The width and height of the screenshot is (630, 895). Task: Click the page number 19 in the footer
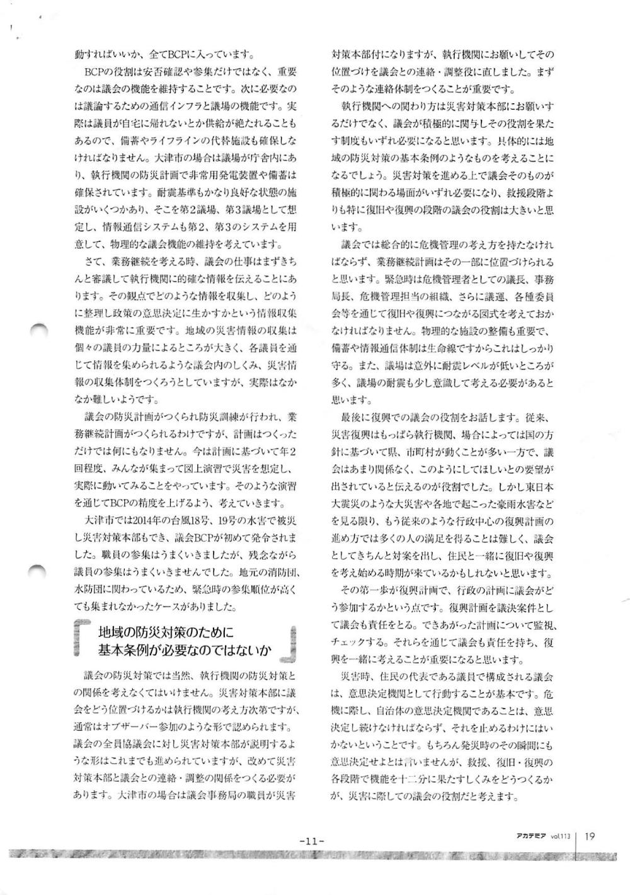[x=590, y=836]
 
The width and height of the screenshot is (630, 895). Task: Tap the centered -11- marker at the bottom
[x=311, y=840]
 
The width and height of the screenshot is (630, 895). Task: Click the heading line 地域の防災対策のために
[x=165, y=633]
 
